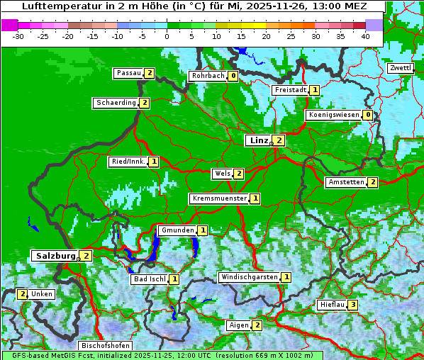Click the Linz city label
259,140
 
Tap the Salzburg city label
55,255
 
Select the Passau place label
129,73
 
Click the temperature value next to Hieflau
352,305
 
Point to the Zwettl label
400,68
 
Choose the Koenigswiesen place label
334,115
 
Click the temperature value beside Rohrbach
233,76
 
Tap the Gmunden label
177,230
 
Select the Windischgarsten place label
249,277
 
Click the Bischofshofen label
105,346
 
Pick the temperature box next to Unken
22,294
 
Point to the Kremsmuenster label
220,198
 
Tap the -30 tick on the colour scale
18,35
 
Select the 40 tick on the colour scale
365,35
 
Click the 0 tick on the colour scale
167,35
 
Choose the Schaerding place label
116,103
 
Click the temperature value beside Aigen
257,325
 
